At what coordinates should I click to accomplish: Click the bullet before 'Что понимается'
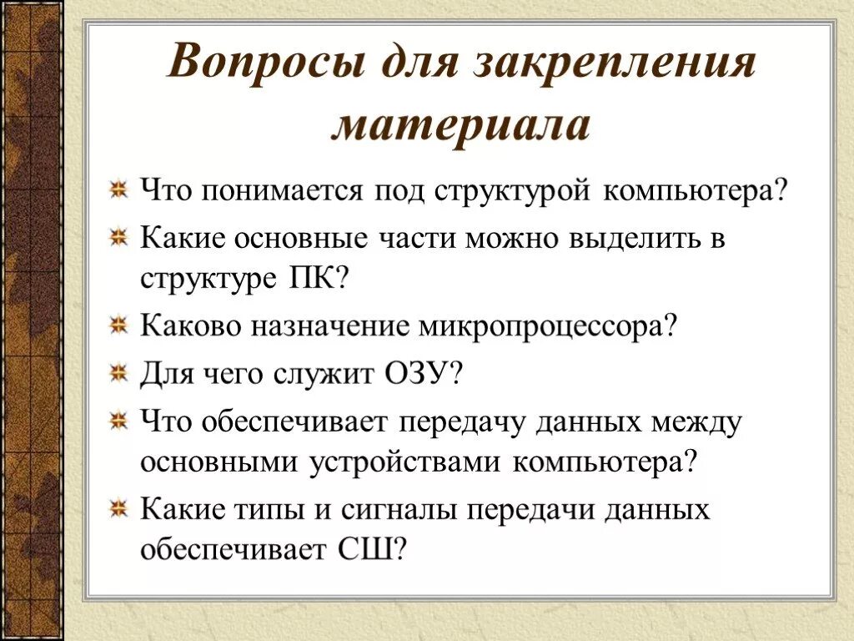[x=120, y=190]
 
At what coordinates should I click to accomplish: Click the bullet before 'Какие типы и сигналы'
[x=120, y=507]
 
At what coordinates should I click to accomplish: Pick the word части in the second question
[x=417, y=239]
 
